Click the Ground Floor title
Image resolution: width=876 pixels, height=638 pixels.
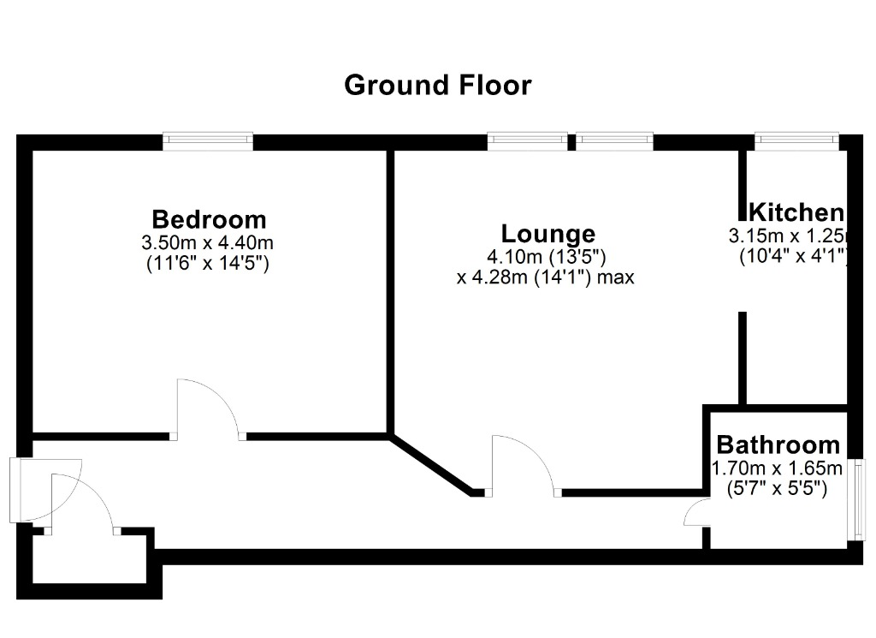pos(437,86)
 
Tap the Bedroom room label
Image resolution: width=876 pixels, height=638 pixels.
pos(209,219)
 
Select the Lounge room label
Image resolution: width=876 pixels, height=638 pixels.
pos(548,234)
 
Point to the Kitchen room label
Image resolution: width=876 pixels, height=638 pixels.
pos(796,212)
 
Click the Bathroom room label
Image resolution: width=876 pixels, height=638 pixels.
pos(778,445)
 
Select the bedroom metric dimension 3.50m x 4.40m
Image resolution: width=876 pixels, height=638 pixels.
pos(207,243)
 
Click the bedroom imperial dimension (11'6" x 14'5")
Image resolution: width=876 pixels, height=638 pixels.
pos(208,263)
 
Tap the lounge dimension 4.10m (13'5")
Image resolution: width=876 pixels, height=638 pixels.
pos(547,257)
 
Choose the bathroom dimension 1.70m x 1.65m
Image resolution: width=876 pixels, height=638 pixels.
pos(777,468)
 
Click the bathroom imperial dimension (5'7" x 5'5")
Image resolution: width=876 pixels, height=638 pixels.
pos(777,488)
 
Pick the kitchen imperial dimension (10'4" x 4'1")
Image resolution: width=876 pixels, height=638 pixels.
pos(794,256)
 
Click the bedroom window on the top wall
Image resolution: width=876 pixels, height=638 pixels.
pos(208,141)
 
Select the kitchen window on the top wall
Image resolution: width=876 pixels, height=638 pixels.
pos(796,141)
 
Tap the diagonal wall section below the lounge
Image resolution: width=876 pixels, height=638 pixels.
pos(431,463)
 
